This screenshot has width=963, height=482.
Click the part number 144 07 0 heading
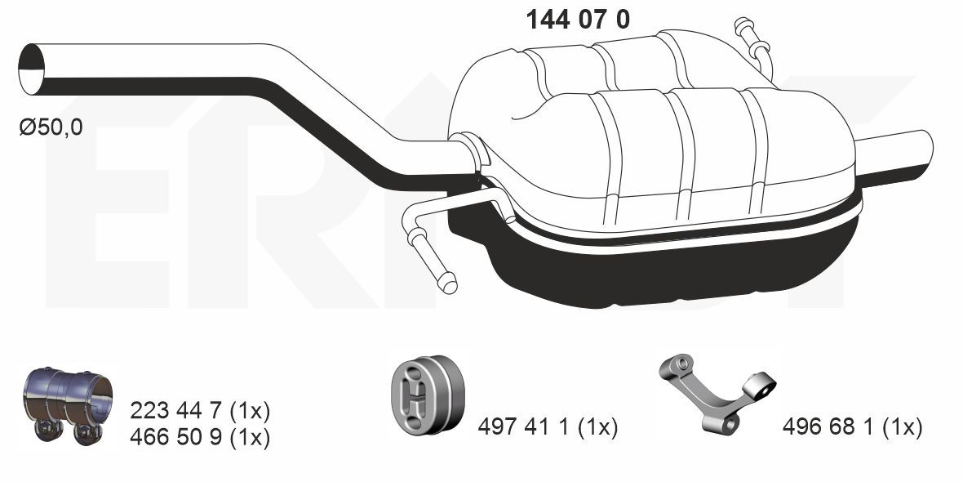click(x=577, y=20)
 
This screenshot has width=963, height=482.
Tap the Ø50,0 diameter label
click(x=51, y=128)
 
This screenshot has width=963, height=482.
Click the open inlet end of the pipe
click(x=32, y=69)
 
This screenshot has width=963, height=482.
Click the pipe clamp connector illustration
click(x=68, y=404)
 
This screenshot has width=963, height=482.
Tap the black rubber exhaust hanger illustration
click(x=426, y=393)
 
